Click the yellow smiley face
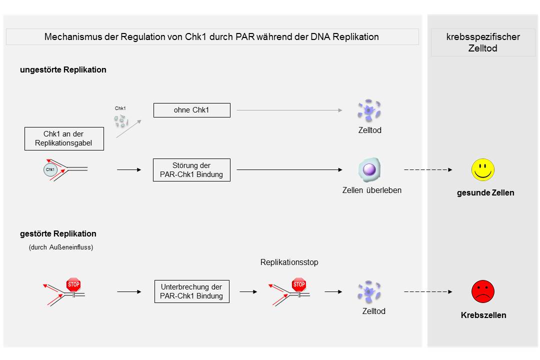[x=482, y=170]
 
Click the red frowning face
[x=482, y=291]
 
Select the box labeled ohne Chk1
[x=191, y=110]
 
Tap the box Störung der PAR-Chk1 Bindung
[x=191, y=170]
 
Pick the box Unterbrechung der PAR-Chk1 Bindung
[x=191, y=291]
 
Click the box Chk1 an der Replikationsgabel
[x=64, y=138]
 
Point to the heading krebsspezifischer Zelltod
[x=482, y=43]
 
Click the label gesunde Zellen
[x=485, y=192]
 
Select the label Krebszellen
[x=483, y=315]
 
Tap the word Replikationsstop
[x=289, y=262]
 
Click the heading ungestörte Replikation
[x=63, y=70]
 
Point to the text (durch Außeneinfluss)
[x=61, y=247]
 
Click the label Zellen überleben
[x=371, y=190]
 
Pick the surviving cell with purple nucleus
[x=369, y=169]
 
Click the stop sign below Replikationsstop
[x=299, y=285]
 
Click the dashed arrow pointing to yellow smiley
[x=427, y=170]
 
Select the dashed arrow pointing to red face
[x=427, y=291]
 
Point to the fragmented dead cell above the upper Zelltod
[x=369, y=110]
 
